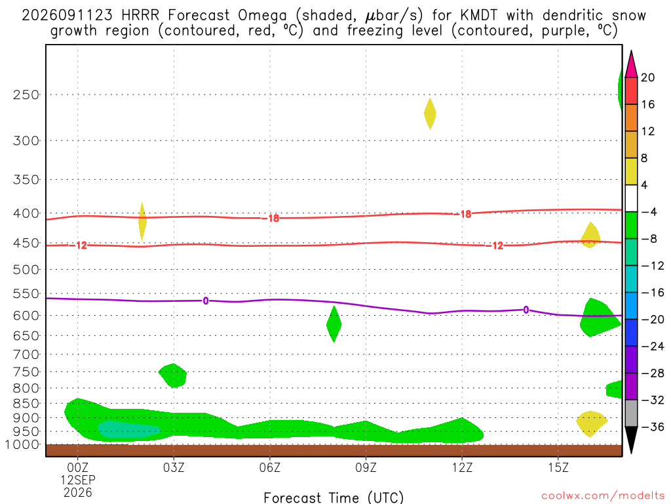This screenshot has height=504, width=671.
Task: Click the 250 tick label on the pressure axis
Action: click(26, 94)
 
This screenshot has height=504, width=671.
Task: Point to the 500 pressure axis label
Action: click(26, 270)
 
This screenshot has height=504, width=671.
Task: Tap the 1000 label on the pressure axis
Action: click(23, 445)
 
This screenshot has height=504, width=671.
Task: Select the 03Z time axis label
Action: click(174, 467)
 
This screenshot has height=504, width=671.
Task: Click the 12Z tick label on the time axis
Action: click(462, 467)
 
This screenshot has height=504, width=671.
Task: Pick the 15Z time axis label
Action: click(558, 467)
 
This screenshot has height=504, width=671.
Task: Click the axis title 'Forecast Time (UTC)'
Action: click(334, 497)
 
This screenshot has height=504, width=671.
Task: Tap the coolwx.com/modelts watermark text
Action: click(603, 496)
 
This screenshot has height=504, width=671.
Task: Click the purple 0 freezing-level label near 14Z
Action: click(526, 310)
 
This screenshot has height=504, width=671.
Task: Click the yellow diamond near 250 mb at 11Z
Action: click(430, 114)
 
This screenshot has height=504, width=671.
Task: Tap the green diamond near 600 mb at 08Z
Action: click(334, 324)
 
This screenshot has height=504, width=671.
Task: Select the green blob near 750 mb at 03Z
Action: click(173, 375)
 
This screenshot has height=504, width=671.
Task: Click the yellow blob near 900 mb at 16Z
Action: click(592, 423)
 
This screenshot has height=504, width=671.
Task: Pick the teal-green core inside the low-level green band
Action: click(129, 429)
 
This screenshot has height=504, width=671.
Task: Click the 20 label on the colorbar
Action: click(648, 77)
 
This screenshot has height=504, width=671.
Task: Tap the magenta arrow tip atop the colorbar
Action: click(631, 51)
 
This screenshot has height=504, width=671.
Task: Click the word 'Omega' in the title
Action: click(262, 16)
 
